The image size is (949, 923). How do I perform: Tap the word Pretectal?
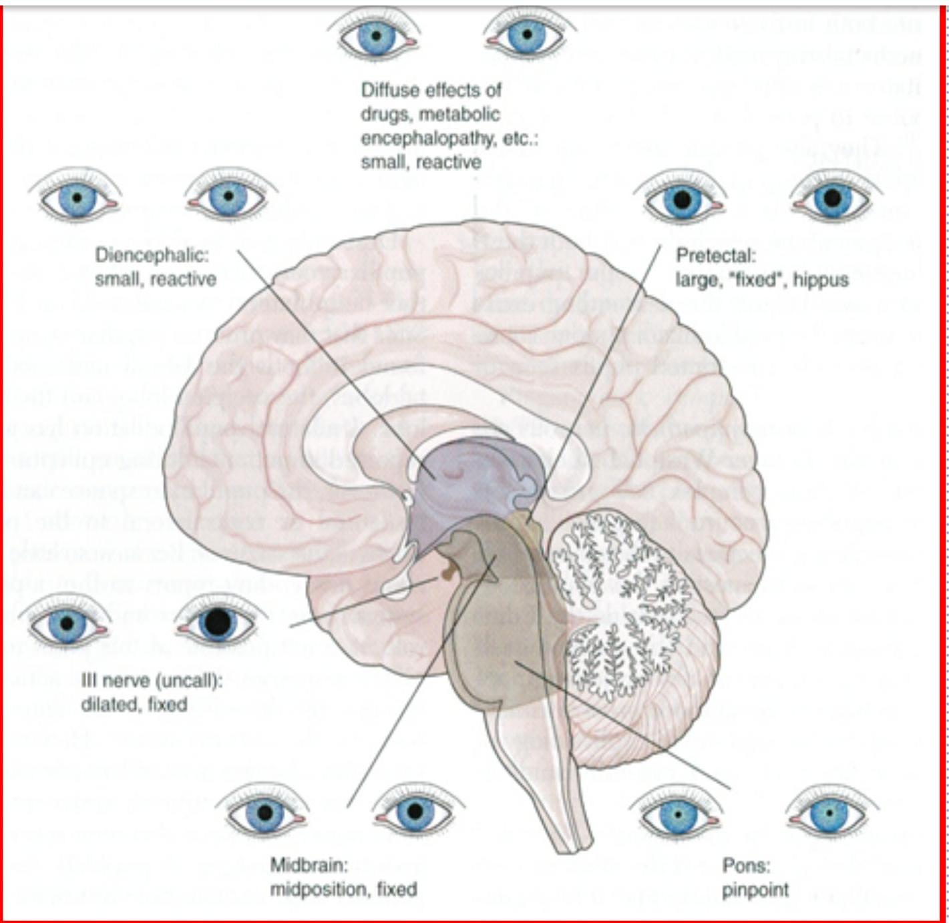click(715, 255)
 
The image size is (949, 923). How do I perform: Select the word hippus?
click(820, 280)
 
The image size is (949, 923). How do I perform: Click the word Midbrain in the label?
click(309, 865)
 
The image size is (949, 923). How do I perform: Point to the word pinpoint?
click(755, 890)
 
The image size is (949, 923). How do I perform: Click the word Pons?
click(746, 866)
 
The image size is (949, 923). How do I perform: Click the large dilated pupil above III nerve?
click(217, 622)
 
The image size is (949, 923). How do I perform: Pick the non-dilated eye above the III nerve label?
click(67, 623)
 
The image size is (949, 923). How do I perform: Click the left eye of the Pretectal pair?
click(681, 199)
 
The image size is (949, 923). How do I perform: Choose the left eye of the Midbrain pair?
click(265, 813)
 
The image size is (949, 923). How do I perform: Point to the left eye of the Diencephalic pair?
click(77, 198)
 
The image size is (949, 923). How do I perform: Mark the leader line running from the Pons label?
click(621, 724)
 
